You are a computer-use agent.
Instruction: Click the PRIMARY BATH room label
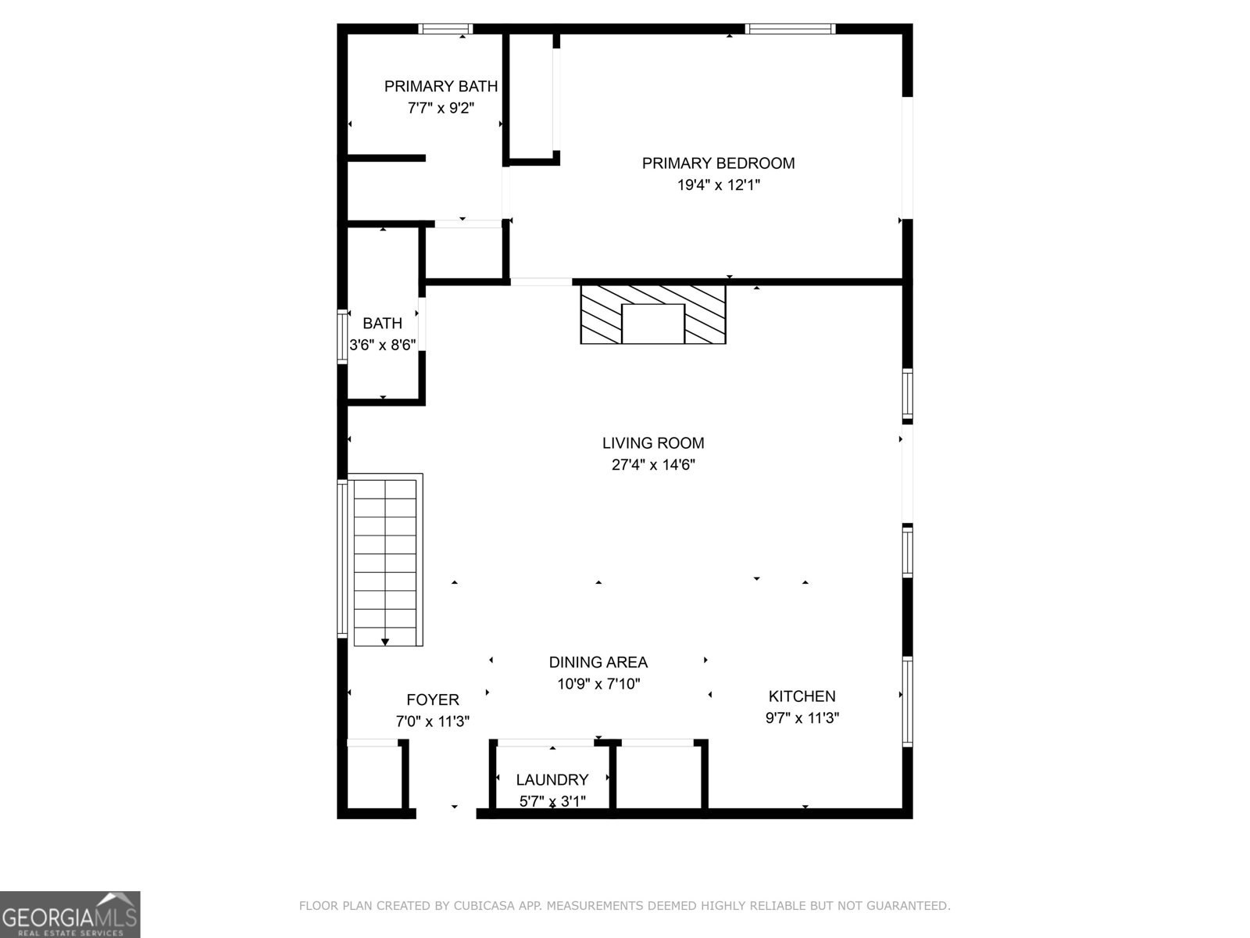pos(441,87)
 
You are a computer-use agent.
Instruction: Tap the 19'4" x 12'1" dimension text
pos(718,185)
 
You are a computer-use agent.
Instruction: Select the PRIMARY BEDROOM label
pos(718,163)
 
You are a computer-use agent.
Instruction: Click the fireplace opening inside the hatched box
pos(653,324)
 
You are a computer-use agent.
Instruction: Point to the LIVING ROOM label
pos(653,443)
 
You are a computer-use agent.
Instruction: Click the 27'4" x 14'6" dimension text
pos(653,465)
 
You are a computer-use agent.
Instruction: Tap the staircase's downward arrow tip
pos(385,643)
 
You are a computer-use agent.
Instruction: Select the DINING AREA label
pos(598,663)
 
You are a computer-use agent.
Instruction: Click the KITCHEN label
pos(802,696)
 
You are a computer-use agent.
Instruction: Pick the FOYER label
pos(432,700)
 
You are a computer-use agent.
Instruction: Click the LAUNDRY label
pos(552,780)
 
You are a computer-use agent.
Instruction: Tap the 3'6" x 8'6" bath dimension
pos(382,345)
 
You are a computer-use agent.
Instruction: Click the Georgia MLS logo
pos(70,915)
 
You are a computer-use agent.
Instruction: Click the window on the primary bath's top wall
pos(445,30)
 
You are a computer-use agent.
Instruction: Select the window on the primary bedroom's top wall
pos(790,30)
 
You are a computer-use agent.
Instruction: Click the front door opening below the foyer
pos(445,813)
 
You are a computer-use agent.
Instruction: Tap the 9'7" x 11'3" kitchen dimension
pos(802,718)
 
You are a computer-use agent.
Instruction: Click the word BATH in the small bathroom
pos(382,324)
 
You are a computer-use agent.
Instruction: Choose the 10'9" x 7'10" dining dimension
pos(598,685)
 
